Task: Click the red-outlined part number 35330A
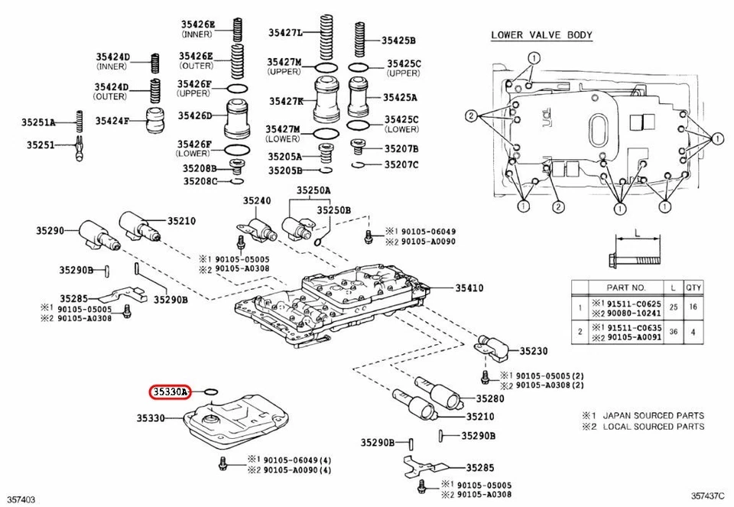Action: (x=169, y=392)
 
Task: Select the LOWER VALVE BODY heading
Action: (x=541, y=35)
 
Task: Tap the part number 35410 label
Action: (x=469, y=288)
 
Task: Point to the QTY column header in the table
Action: (x=693, y=288)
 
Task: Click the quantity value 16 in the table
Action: (x=693, y=307)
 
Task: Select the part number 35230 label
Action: (x=534, y=351)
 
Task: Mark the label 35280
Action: (x=489, y=398)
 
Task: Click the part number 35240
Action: (x=257, y=200)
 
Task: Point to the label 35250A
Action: (x=313, y=190)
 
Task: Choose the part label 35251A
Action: (x=39, y=122)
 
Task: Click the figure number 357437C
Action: (x=709, y=499)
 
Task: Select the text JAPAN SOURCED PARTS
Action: (x=654, y=415)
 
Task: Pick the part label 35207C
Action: (x=401, y=164)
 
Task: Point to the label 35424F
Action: (x=112, y=120)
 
